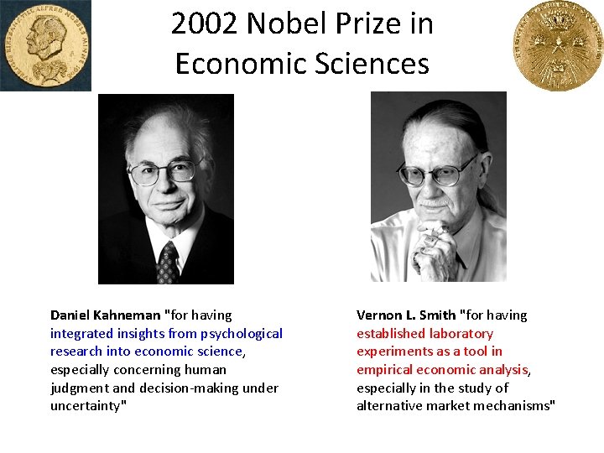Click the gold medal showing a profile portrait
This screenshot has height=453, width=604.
pyautogui.click(x=45, y=44)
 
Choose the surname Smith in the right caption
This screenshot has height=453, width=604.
pyautogui.click(x=437, y=315)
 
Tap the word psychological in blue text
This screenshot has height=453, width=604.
pyautogui.click(x=242, y=334)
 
